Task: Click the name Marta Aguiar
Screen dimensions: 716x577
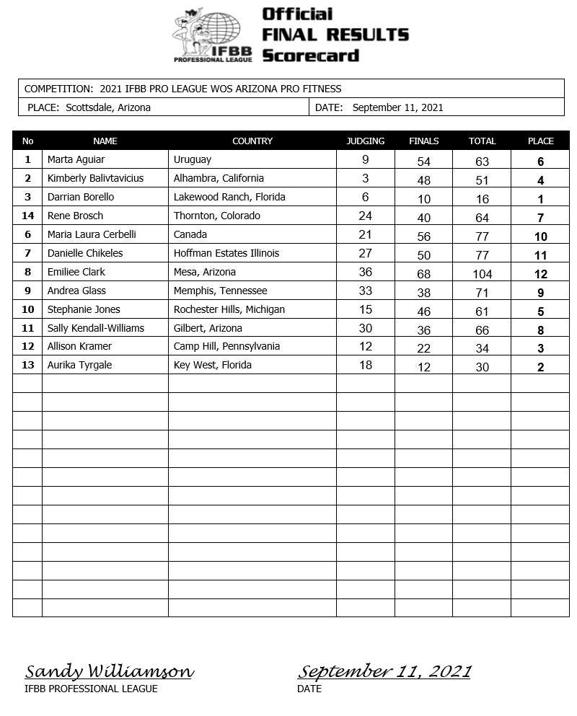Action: point(76,159)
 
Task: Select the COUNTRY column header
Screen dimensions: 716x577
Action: point(252,141)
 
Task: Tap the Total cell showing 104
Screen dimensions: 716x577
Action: point(482,274)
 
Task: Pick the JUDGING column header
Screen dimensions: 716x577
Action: point(365,141)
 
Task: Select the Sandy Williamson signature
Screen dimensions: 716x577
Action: point(109,672)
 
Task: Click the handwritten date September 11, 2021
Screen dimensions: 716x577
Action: point(384,672)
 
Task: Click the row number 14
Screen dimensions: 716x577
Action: point(27,216)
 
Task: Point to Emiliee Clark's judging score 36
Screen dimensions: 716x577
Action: point(366,273)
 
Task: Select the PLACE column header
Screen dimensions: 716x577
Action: point(540,141)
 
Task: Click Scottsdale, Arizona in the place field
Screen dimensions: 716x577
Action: point(108,107)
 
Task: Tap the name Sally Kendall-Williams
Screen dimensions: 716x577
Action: point(95,328)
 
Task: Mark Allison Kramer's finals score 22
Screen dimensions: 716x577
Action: point(423,348)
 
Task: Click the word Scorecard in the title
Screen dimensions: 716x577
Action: point(310,56)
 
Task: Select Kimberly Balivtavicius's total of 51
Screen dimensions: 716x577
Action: point(482,180)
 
